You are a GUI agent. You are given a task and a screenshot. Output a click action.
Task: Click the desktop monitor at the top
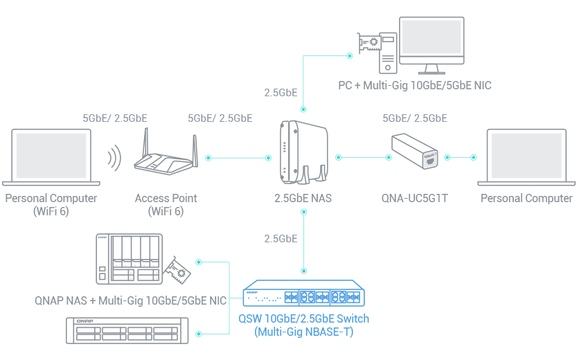[x=434, y=39]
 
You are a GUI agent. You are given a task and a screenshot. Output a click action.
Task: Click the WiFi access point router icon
[x=166, y=156]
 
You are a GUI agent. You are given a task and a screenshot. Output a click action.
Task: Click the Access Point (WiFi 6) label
[x=166, y=204]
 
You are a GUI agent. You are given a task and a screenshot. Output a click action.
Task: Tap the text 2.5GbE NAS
[x=303, y=199]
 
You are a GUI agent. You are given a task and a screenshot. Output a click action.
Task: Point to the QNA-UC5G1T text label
[x=414, y=199]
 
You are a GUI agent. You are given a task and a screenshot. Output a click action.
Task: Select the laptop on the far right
[x=526, y=156]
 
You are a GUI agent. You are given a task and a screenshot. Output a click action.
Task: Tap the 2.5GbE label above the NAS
[x=281, y=91]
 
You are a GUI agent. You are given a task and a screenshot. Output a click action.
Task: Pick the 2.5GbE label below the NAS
[x=281, y=239]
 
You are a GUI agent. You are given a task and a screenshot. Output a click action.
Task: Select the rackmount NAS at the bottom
[x=127, y=332]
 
